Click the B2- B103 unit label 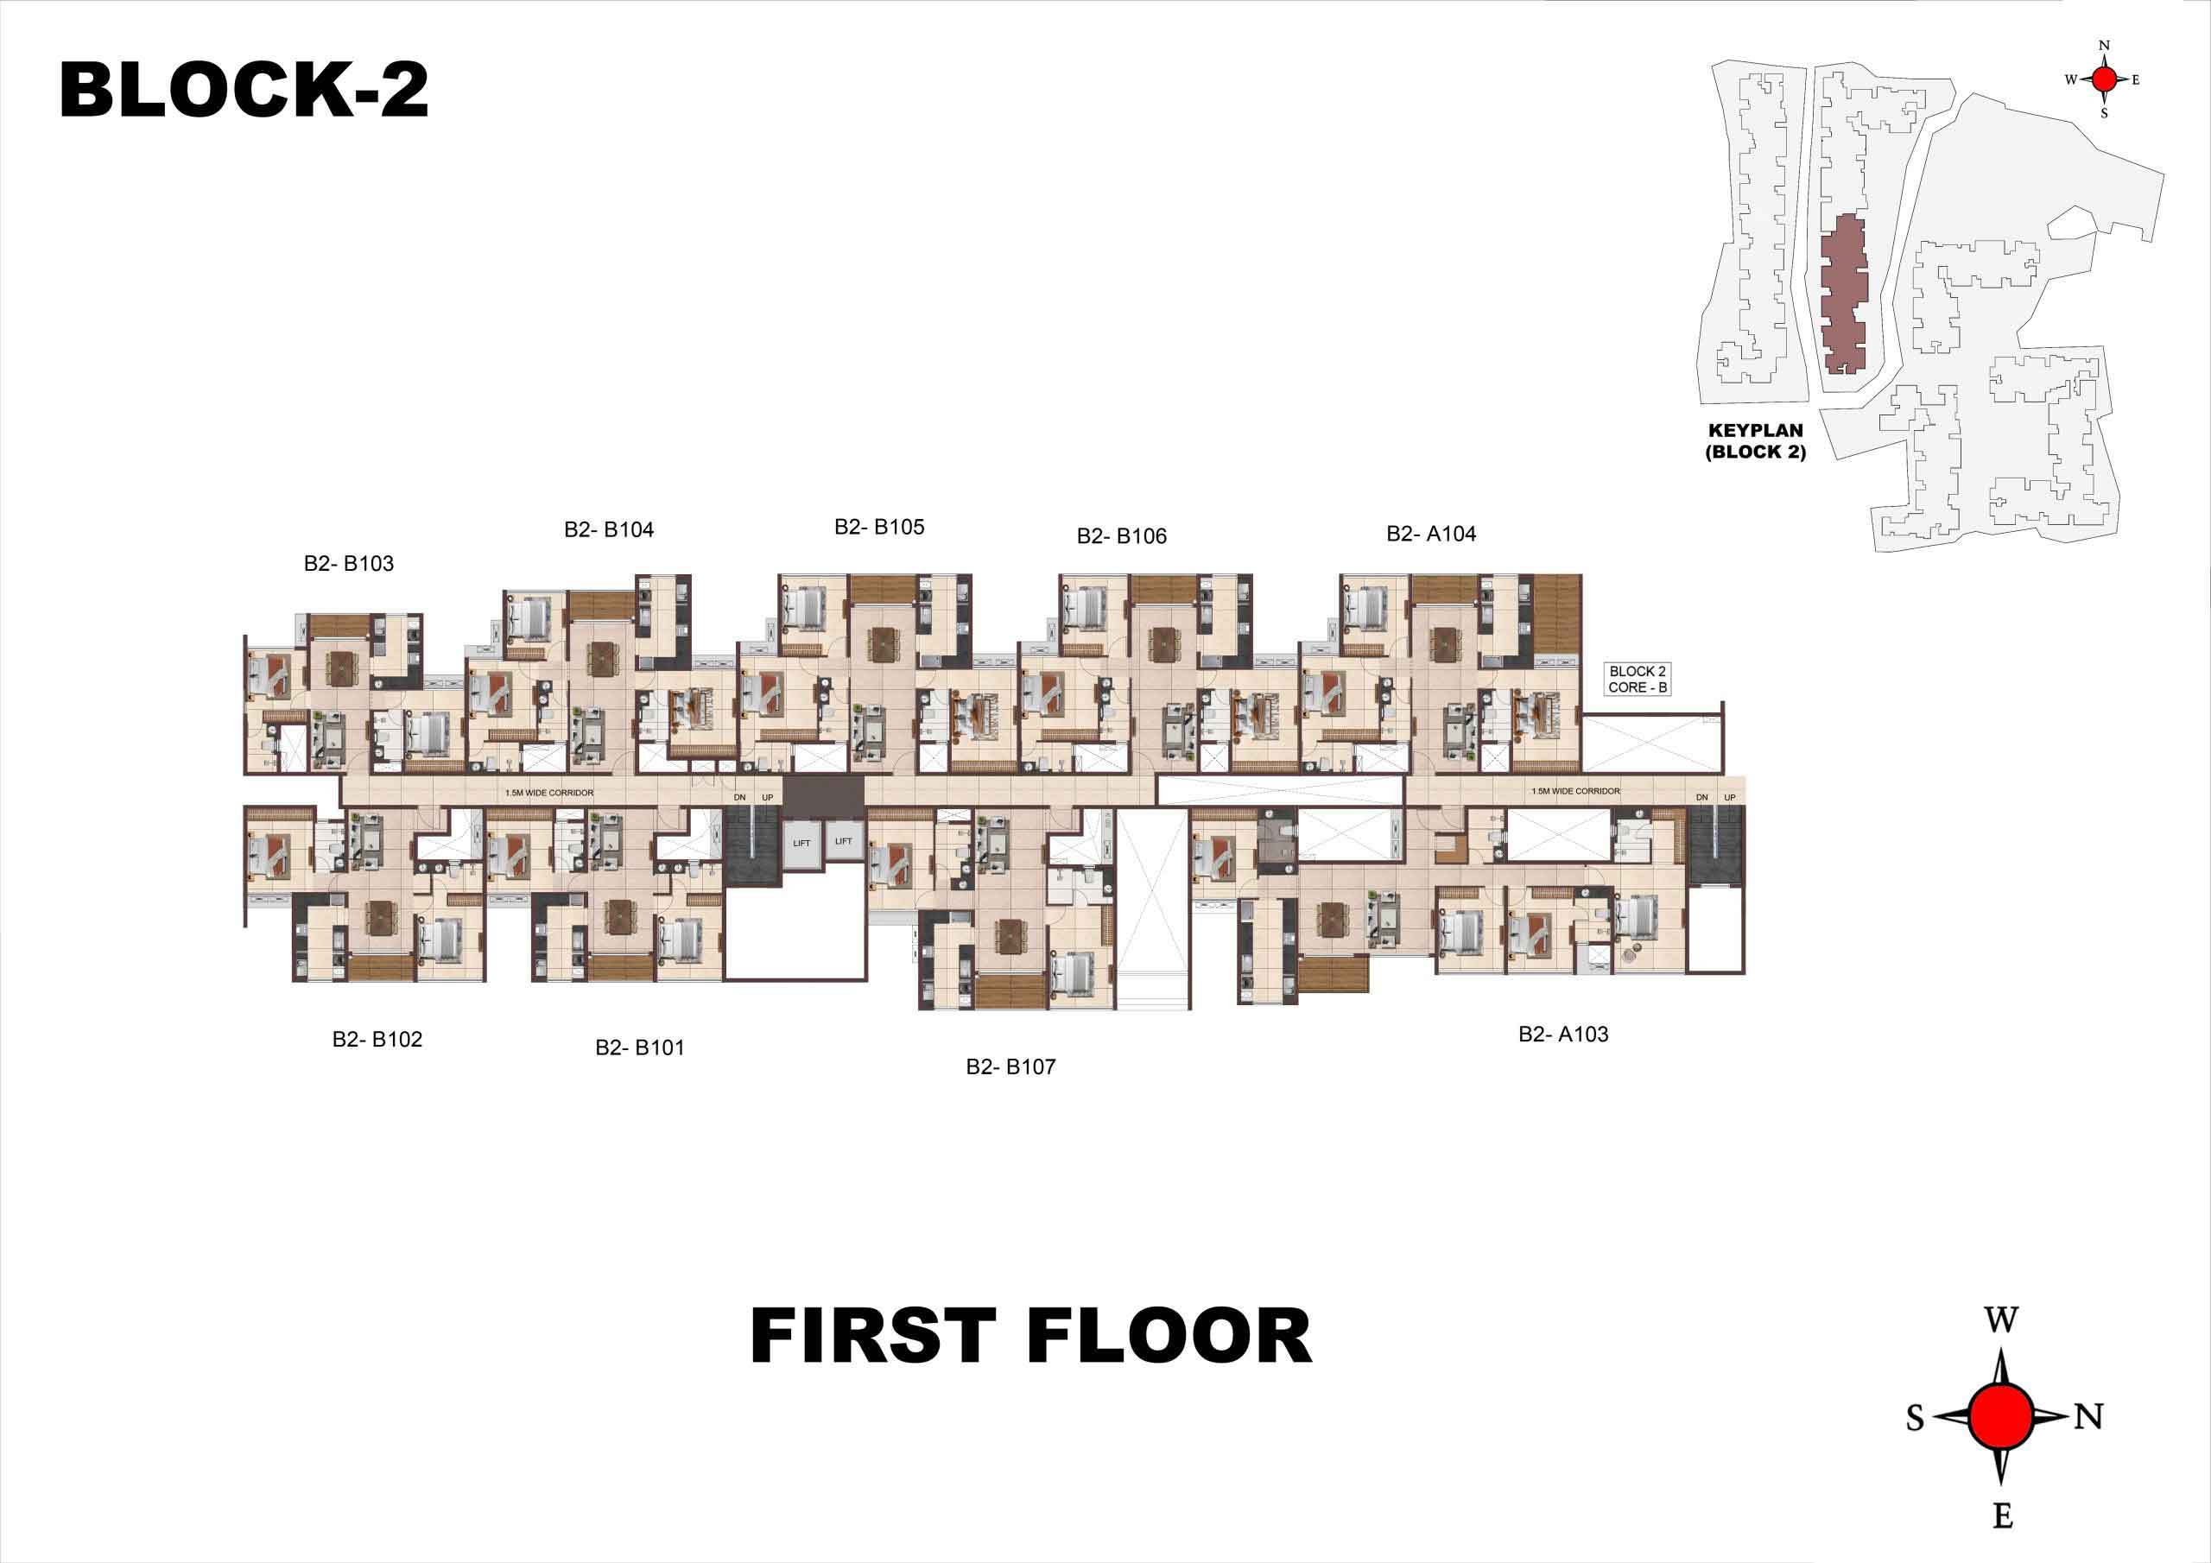[349, 563]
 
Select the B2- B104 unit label [609, 528]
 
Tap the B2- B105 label [879, 527]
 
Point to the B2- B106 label [1122, 535]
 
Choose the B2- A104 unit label [1431, 534]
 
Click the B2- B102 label [377, 1039]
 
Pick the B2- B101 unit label [639, 1047]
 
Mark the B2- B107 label [1011, 1066]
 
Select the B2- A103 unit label [1564, 1034]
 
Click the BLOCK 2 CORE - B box [1637, 679]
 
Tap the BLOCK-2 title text [244, 90]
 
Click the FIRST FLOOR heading [1030, 1336]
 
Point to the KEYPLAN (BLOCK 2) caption [1756, 441]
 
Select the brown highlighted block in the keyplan [1843, 294]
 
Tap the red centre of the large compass [2001, 1416]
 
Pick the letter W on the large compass [2001, 1319]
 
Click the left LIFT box [802, 844]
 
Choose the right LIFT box [844, 842]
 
